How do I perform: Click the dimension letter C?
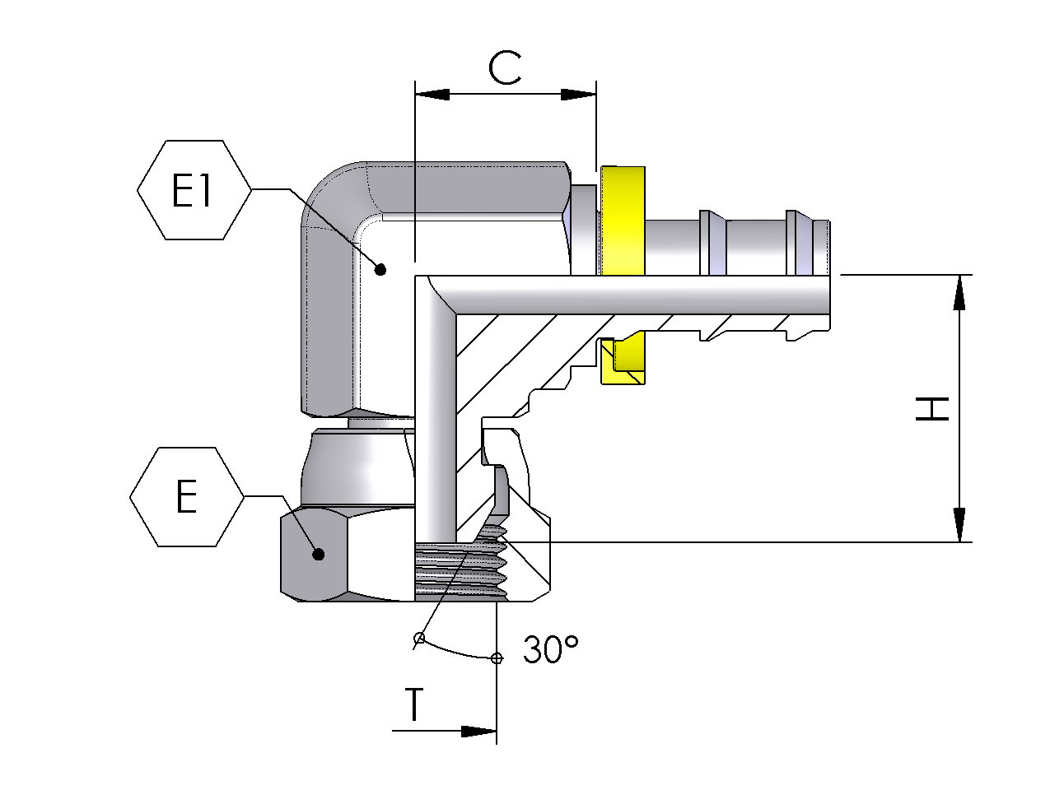click(505, 67)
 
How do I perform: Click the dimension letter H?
click(931, 408)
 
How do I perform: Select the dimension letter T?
click(415, 704)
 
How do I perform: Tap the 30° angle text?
click(551, 649)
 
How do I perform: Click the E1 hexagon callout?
click(194, 190)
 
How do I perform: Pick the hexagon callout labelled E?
click(187, 496)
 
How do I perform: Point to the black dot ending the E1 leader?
click(380, 270)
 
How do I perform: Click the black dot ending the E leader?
click(319, 555)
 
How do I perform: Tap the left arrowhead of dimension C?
click(432, 95)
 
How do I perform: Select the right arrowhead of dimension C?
click(579, 95)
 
